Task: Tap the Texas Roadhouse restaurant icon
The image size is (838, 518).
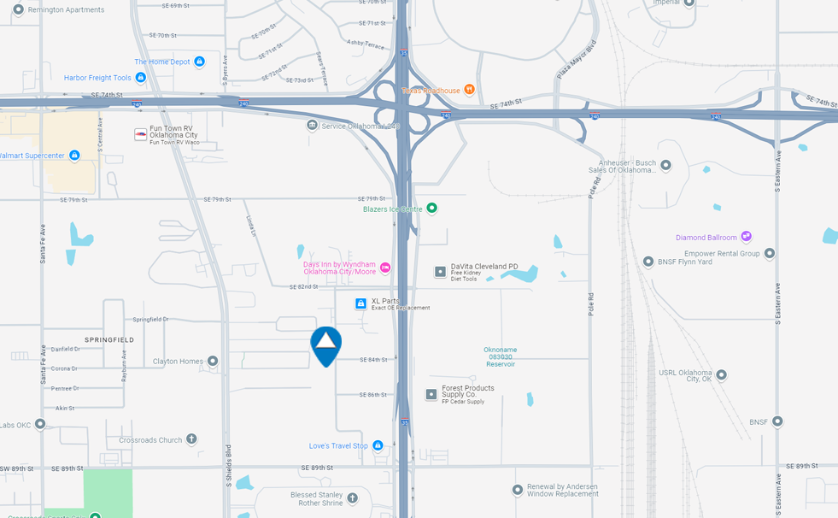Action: (x=469, y=91)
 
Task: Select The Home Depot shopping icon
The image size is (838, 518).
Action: (x=199, y=62)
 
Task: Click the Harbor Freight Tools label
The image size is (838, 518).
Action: (x=97, y=78)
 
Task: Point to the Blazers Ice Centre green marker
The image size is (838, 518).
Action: (x=432, y=208)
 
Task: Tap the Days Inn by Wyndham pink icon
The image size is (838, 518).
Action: (x=384, y=268)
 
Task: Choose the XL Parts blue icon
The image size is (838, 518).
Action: (x=361, y=303)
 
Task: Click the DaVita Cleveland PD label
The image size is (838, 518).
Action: (x=484, y=267)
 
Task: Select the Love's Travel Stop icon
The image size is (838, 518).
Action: (x=378, y=445)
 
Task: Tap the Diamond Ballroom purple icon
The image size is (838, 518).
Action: (x=746, y=237)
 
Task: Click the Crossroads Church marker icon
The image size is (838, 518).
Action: (x=191, y=439)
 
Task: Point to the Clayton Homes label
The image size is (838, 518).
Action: (x=178, y=362)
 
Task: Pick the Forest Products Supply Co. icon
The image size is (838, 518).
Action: (x=431, y=394)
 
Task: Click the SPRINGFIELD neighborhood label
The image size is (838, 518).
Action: (x=108, y=339)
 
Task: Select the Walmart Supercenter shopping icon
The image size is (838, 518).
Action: (x=74, y=156)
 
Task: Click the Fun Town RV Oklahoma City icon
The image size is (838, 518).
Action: (x=140, y=134)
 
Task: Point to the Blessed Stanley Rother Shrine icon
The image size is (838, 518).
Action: (x=352, y=497)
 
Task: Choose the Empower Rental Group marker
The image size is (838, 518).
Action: (x=769, y=253)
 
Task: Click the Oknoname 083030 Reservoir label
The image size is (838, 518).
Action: (x=500, y=356)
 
